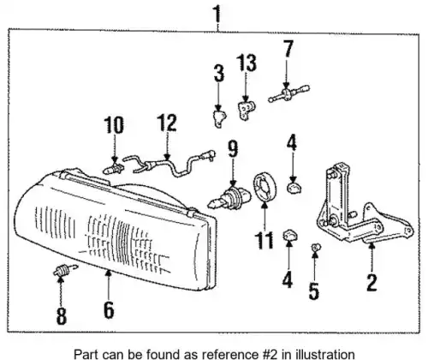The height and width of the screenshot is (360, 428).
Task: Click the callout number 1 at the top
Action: (x=217, y=14)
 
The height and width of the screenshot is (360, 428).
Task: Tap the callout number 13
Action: (x=247, y=63)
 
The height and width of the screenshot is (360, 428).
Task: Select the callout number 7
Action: (x=288, y=48)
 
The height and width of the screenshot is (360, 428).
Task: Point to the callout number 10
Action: (x=114, y=125)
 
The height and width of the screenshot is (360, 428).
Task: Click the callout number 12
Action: (x=167, y=123)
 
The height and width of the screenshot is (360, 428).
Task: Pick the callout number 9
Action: (x=233, y=149)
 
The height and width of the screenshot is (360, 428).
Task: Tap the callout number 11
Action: (x=264, y=240)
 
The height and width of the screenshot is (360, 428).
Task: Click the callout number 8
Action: (x=62, y=316)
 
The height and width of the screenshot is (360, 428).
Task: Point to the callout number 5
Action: (x=314, y=291)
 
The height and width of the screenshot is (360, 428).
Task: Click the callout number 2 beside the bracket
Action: (x=372, y=283)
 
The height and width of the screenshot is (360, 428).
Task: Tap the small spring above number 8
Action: (x=65, y=270)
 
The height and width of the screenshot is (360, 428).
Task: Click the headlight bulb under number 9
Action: (x=229, y=198)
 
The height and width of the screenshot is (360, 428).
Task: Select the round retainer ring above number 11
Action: (x=265, y=187)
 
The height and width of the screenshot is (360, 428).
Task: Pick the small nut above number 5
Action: (x=316, y=247)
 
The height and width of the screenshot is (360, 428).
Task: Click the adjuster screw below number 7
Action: (x=288, y=93)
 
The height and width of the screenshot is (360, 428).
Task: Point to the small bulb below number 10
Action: (x=114, y=169)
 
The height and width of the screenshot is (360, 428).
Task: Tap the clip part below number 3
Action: (x=219, y=117)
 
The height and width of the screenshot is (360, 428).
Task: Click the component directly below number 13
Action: (x=246, y=111)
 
